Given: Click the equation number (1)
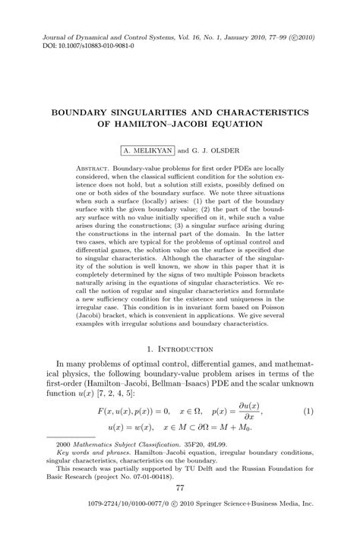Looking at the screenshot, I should click(308, 412).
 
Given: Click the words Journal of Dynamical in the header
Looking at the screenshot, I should click(76, 36).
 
